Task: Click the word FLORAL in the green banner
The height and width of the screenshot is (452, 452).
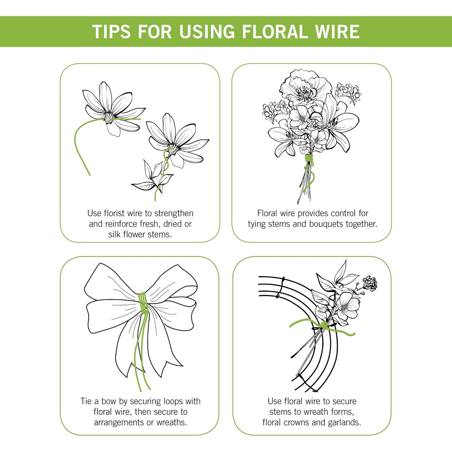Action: (275, 31)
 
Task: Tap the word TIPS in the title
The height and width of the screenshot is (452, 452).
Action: (111, 31)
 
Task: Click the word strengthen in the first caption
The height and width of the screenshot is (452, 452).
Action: (174, 213)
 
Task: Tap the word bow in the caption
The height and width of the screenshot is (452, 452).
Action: (109, 401)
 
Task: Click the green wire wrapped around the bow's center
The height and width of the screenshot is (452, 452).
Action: (143, 303)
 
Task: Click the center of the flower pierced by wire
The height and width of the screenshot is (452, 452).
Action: (110, 117)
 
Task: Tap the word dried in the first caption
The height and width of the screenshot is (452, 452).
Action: (174, 224)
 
